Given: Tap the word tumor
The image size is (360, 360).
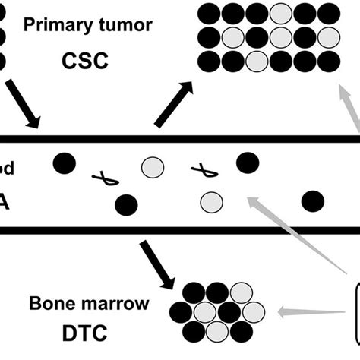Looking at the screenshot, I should pyautogui.click(x=124, y=25).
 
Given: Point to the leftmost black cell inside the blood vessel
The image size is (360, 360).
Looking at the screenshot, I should pyautogui.click(x=65, y=161).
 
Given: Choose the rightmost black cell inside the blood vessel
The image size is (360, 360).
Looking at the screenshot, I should pyautogui.click(x=312, y=201).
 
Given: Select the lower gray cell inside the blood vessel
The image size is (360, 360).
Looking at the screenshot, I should pyautogui.click(x=210, y=201).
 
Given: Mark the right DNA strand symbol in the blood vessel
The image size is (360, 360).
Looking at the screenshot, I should pyautogui.click(x=204, y=171).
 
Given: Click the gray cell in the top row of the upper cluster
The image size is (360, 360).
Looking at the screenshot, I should pyautogui.click(x=282, y=13).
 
